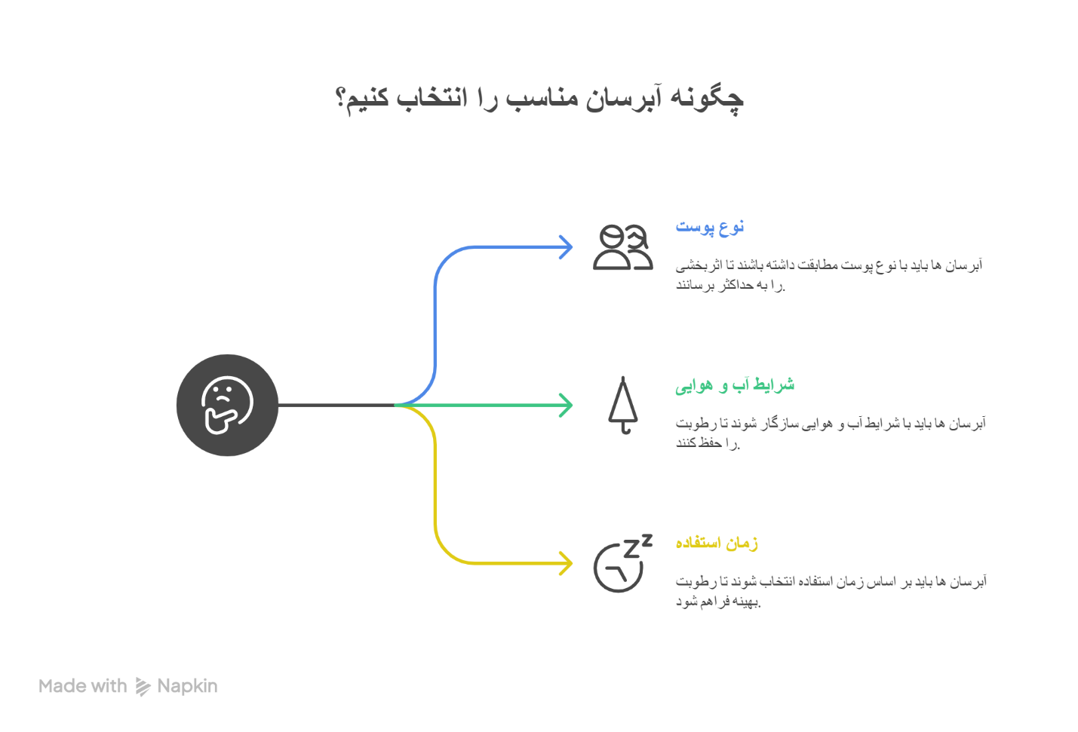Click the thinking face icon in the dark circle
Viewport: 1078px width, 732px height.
pos(227,405)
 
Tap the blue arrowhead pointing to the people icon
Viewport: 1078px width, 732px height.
pos(566,247)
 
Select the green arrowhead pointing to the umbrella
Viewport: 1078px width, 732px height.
pos(566,405)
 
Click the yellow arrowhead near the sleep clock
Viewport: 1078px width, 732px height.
pos(566,562)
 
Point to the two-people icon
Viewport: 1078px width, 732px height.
pos(623,247)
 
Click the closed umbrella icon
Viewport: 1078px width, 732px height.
pos(623,405)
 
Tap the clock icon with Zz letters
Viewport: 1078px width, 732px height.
pos(623,562)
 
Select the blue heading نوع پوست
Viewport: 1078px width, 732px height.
pos(710,226)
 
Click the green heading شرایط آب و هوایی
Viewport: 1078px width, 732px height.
pos(735,384)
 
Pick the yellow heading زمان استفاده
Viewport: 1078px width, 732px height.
pos(717,543)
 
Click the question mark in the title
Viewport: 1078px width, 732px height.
pos(340,98)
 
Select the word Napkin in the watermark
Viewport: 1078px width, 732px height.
pos(187,686)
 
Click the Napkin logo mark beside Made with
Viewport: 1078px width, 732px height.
pos(143,687)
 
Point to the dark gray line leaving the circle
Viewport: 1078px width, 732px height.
pos(336,405)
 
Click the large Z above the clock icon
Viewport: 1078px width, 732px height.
pos(631,548)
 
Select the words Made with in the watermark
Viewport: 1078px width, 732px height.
pos(83,686)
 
